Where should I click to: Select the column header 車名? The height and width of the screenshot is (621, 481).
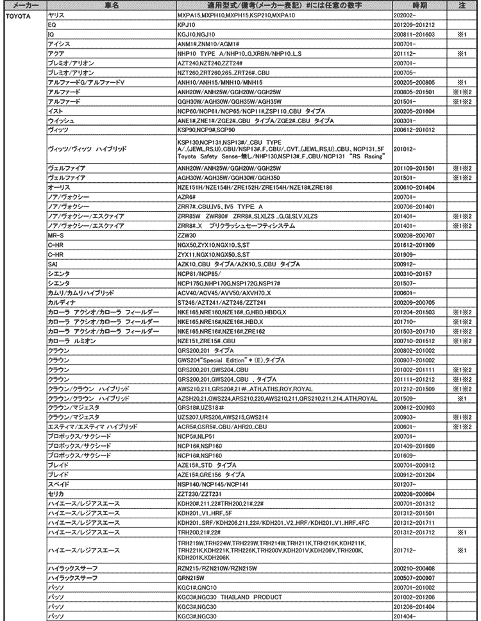[110, 4]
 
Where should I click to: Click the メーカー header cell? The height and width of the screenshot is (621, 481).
[22, 4]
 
